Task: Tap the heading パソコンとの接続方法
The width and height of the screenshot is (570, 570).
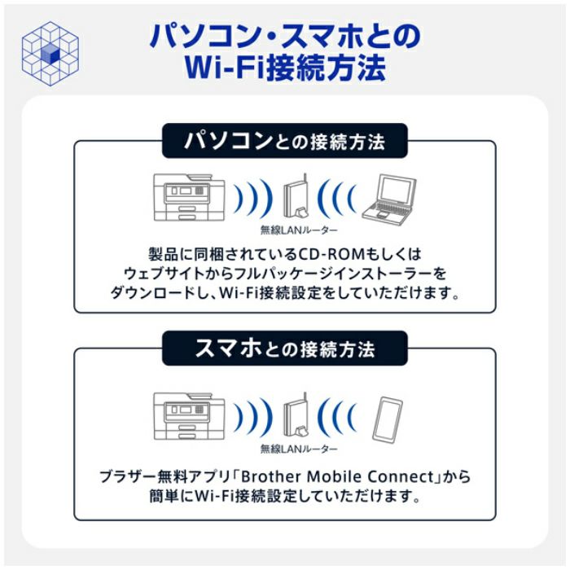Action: point(284,142)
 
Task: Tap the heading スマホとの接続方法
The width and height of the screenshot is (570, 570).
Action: point(284,350)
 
